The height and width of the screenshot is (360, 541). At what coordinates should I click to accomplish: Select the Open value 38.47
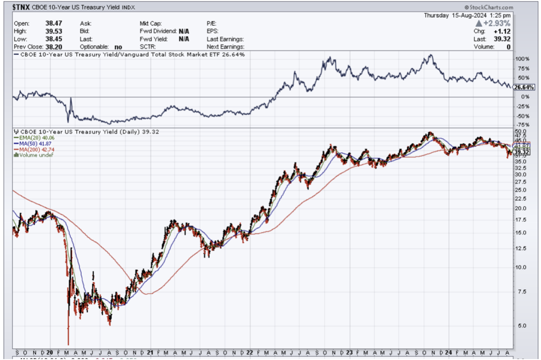[x=53, y=23]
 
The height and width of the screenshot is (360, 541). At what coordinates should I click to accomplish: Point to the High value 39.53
[x=53, y=31]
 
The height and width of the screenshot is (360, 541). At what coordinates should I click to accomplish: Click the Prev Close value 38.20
[x=53, y=46]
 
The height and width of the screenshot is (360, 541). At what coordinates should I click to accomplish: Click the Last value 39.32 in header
[x=503, y=39]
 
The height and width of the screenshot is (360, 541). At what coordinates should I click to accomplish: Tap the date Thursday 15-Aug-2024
[x=467, y=15]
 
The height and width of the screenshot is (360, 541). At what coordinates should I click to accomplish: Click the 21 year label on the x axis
[x=150, y=353]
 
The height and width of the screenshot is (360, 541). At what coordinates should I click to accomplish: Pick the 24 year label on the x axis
[x=447, y=353]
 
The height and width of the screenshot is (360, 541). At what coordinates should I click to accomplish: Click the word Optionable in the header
[x=93, y=46]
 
